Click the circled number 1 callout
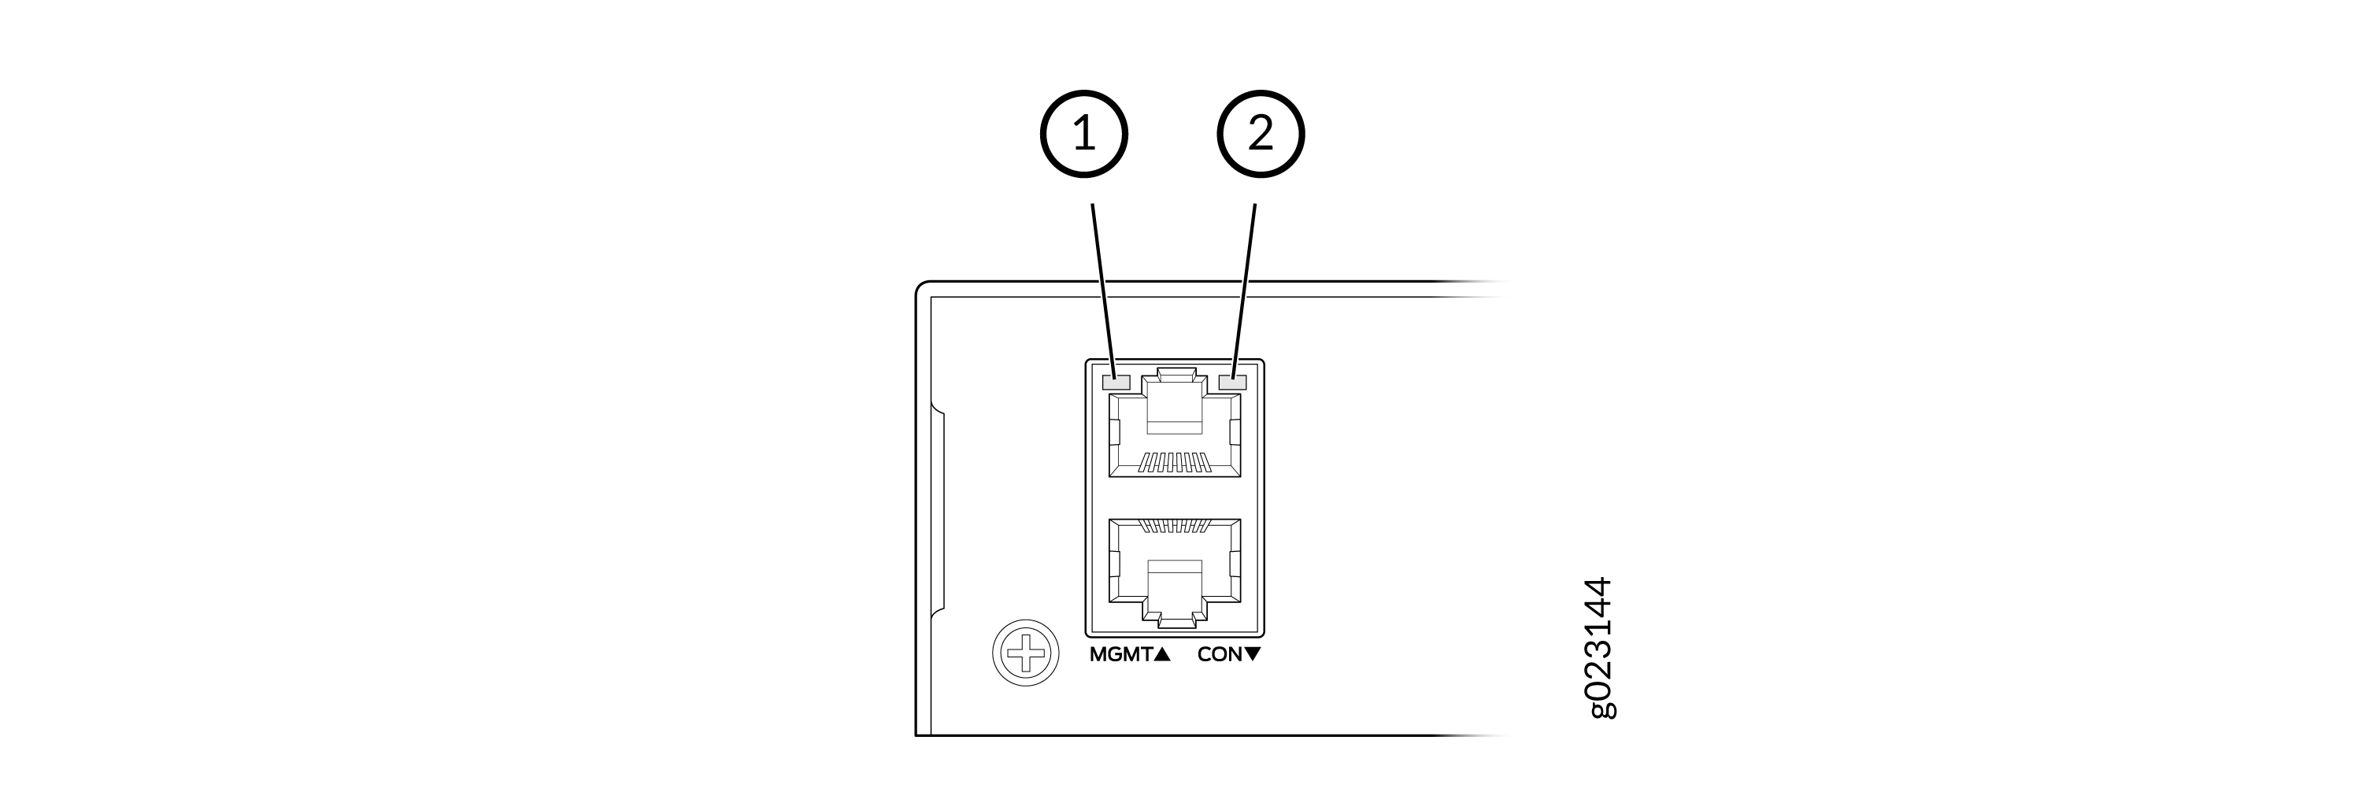pyautogui.click(x=1084, y=134)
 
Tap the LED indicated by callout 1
pyautogui.click(x=1115, y=380)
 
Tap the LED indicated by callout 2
pyautogui.click(x=1232, y=380)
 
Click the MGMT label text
pyautogui.click(x=1120, y=655)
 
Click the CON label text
pyautogui.click(x=1220, y=655)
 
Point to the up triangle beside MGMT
pyautogui.click(x=1162, y=655)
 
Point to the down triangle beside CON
pyautogui.click(x=1253, y=655)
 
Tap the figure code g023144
pyautogui.click(x=1599, y=648)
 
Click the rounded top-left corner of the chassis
pyautogui.click(x=922, y=287)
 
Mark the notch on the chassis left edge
pyautogui.click(x=938, y=511)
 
